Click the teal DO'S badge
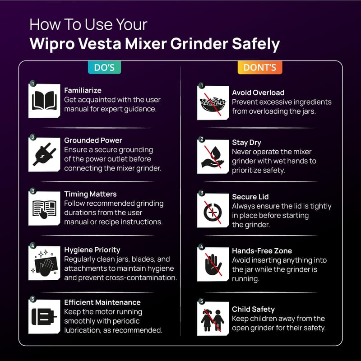click(x=104, y=67)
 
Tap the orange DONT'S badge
click(x=260, y=67)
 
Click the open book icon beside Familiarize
click(x=44, y=101)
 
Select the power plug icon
click(x=44, y=154)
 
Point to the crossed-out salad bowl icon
click(x=213, y=103)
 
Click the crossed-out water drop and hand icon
click(x=213, y=157)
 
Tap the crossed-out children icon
click(x=213, y=319)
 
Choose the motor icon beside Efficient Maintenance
click(x=44, y=316)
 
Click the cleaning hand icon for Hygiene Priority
click(x=44, y=263)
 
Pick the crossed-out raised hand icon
click(x=213, y=264)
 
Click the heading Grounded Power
click(x=93, y=140)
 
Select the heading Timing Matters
click(x=90, y=194)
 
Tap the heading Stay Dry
click(x=246, y=143)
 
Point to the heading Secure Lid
click(x=250, y=197)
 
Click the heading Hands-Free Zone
click(x=262, y=251)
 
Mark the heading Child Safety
click(x=253, y=309)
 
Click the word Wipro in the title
click(x=52, y=44)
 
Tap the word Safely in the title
click(x=256, y=44)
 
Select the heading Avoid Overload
click(x=258, y=93)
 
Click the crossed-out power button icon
click(x=213, y=210)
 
